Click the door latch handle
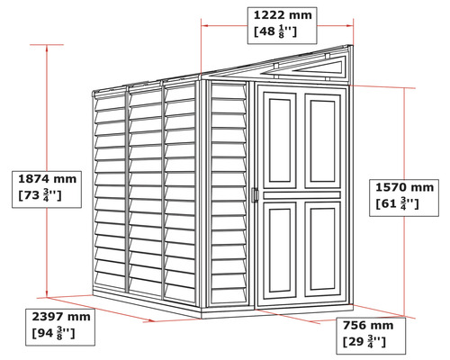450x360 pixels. pos(255,195)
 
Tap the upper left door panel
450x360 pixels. pos(280,140)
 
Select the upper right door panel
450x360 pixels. pos(323,141)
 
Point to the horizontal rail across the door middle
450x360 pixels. pos(302,195)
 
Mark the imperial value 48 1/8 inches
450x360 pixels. pos(275,31)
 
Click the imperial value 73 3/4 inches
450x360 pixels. pos(40,195)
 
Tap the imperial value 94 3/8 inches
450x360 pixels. pos(53,333)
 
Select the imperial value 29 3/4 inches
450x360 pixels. pos(364,342)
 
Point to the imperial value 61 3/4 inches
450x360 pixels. pos(397,204)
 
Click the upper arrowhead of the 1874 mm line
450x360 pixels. pos(47,48)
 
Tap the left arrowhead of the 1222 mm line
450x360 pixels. pos(204,26)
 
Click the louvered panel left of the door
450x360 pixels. pos(229,193)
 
